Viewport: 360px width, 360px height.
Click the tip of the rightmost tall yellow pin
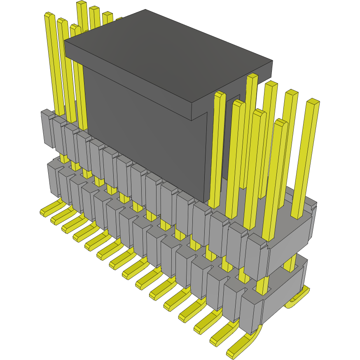[313, 101]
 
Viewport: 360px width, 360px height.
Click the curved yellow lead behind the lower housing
[299, 299]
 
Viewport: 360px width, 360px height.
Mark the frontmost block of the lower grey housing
[250, 313]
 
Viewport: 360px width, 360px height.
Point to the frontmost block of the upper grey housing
[256, 257]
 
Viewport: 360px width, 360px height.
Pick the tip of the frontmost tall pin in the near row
[281, 122]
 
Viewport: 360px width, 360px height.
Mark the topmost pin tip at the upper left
[82, 3]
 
